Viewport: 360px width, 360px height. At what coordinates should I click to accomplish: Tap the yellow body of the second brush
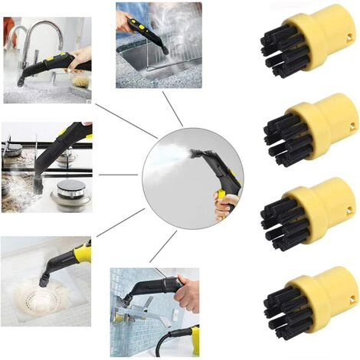point(330,123)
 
